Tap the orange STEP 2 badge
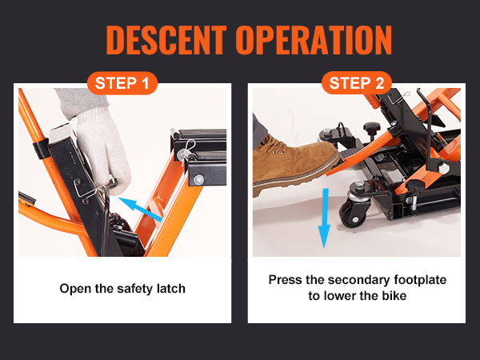[358, 83]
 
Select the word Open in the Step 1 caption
[74, 288]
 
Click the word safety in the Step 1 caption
[130, 288]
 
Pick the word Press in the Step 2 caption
[285, 280]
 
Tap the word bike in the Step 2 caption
[393, 296]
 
